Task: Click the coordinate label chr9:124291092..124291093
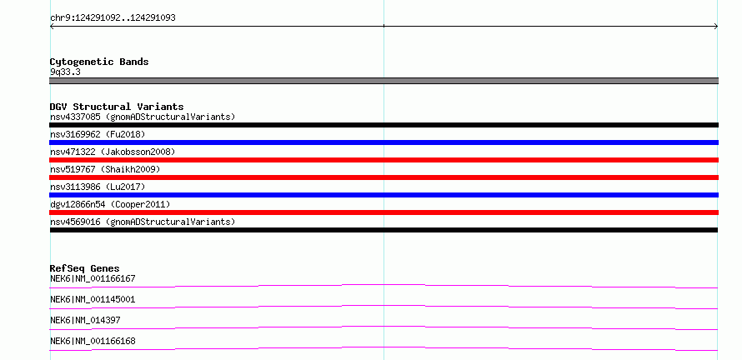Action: point(113,18)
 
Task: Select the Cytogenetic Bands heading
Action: point(99,62)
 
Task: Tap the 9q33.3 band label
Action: point(65,72)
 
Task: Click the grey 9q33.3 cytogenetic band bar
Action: point(384,81)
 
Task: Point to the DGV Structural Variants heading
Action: point(117,107)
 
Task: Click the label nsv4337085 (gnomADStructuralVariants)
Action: point(143,117)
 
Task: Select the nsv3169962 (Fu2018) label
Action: point(98,134)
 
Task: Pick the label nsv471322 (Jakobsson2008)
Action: point(113,152)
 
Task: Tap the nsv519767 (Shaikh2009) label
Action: point(105,169)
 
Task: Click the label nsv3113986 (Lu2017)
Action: point(98,187)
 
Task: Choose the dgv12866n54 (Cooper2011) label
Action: point(110,204)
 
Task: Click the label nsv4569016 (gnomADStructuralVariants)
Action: point(143,222)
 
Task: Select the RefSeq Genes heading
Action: point(85,268)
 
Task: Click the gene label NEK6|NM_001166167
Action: point(93,278)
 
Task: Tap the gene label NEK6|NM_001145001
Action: point(93,299)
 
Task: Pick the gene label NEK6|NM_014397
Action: point(85,320)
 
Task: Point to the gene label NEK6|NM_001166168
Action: point(93,341)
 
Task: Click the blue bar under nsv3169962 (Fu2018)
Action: point(384,142)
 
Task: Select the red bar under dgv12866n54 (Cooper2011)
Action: point(384,212)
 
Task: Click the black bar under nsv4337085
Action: point(384,125)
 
